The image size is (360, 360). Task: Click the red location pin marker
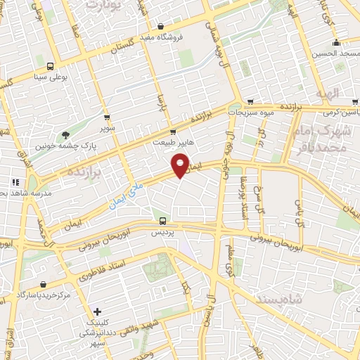pos(181,167)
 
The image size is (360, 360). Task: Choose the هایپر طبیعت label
pos(174,141)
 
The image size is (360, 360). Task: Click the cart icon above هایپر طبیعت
pos(174,131)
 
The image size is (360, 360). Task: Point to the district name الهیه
pos(327,93)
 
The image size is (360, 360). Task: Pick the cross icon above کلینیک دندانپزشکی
pos(98,311)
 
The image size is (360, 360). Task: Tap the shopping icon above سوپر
pos(107,118)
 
